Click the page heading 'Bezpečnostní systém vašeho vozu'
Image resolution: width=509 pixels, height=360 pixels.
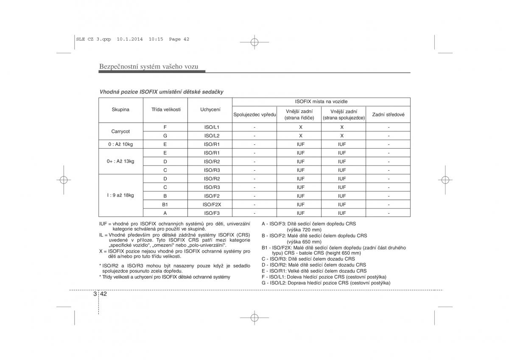(148, 67)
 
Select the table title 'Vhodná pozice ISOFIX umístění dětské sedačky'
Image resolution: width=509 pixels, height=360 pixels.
(161, 92)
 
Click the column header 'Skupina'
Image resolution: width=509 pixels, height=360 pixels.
(120, 110)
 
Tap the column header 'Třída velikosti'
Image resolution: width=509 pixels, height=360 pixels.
(166, 110)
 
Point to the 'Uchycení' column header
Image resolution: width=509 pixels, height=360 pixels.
(210, 110)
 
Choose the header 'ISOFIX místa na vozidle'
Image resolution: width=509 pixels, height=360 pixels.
(321, 102)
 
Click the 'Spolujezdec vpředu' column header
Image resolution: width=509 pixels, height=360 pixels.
(255, 115)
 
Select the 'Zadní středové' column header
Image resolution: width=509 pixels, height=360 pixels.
(388, 115)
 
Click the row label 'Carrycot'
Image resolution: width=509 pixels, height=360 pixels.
(120, 132)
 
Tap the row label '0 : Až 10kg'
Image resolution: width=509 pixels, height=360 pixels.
(120, 144)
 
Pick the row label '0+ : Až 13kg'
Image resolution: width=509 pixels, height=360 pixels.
(120, 161)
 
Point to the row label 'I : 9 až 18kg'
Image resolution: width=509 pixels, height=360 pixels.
(120, 195)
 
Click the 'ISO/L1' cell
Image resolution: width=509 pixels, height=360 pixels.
(212, 127)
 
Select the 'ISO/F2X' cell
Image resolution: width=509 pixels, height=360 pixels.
(212, 204)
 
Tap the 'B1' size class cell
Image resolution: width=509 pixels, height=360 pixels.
(165, 204)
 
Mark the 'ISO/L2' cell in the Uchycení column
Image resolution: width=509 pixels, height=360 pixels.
(212, 136)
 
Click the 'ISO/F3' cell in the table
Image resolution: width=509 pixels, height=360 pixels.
(212, 213)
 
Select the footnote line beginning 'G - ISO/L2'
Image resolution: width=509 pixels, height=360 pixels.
(326, 283)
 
